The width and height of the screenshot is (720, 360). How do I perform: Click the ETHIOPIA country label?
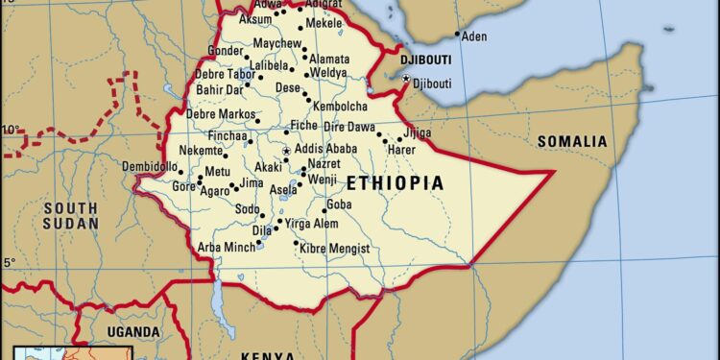point(395,183)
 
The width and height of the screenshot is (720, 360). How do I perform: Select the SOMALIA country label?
point(572,142)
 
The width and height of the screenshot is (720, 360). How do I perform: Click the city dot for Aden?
point(457,36)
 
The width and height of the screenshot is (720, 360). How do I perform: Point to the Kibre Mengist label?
point(334,249)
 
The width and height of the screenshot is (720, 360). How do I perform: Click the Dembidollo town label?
point(150,167)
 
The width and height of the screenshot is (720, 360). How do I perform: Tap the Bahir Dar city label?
point(218,90)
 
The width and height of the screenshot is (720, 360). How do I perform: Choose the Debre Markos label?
point(220,115)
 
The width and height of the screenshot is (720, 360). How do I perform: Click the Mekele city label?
point(324,22)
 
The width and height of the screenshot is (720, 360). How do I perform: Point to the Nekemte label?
point(201,151)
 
